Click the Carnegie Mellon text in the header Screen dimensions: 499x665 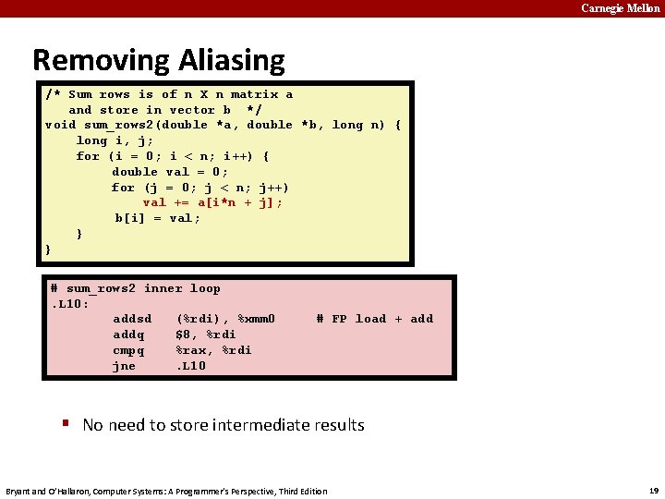point(620,8)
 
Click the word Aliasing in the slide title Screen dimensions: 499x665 point(226,61)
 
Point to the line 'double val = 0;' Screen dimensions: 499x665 point(170,171)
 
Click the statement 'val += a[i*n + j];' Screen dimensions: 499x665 point(212,202)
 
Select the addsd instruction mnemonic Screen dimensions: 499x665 point(132,319)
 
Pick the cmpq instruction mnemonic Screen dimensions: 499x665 point(128,350)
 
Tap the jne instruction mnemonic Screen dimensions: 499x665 point(124,366)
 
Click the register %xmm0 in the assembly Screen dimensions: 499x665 point(257,319)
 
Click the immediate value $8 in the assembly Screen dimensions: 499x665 point(184,335)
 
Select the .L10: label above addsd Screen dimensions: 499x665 point(70,303)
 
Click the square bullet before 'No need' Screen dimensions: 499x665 point(66,423)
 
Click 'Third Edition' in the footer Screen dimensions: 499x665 point(301,491)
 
